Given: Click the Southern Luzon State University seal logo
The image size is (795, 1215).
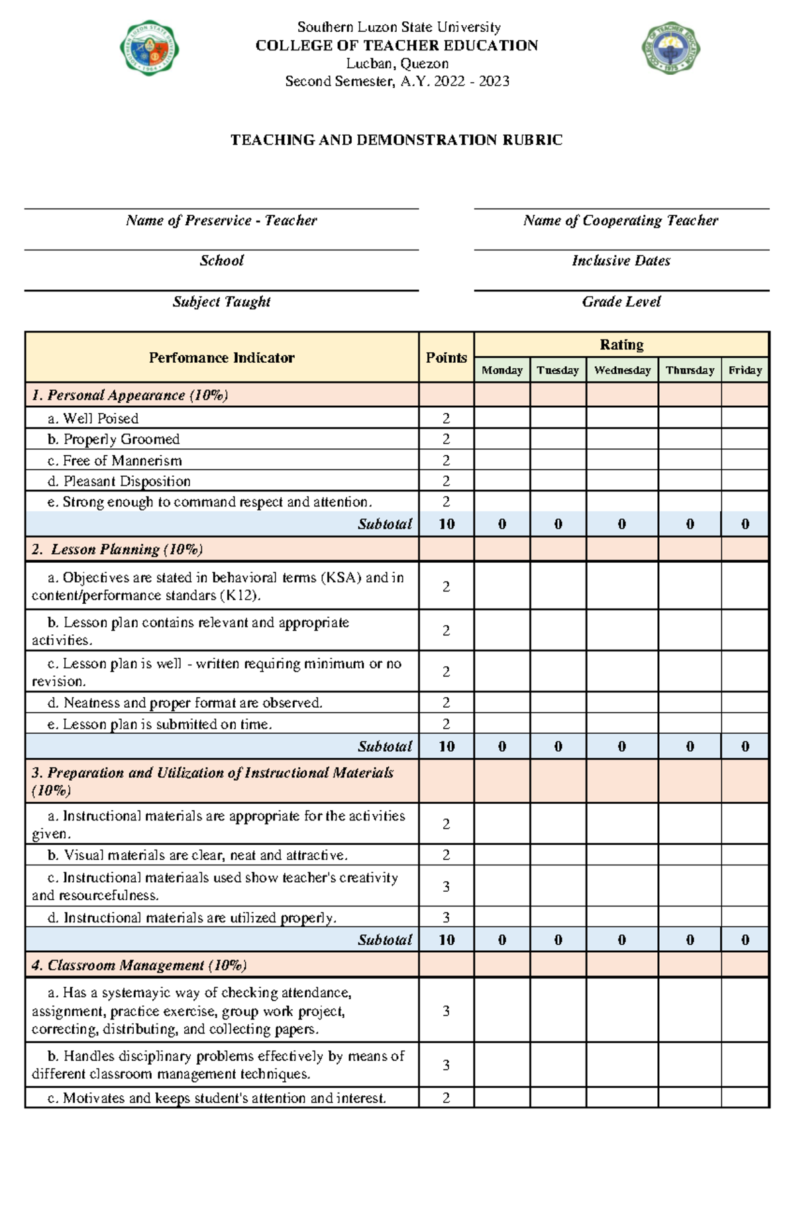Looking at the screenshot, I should [x=149, y=48].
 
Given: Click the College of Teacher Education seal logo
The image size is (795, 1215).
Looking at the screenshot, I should [x=670, y=48].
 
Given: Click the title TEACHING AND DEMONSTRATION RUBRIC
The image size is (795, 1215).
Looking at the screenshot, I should [x=396, y=140].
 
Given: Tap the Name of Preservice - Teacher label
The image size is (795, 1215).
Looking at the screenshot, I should [x=221, y=220].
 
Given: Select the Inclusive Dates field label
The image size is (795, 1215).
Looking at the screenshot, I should [x=621, y=261].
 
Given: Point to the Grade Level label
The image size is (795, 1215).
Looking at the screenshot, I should [x=621, y=302].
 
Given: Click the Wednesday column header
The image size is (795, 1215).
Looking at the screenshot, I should [x=622, y=370].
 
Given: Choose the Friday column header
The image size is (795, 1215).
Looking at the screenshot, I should [x=745, y=370].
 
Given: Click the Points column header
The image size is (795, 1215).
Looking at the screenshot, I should [x=446, y=358].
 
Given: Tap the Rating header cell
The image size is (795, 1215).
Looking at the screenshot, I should [x=621, y=344].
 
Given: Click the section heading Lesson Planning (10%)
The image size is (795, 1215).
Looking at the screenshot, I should [x=117, y=549].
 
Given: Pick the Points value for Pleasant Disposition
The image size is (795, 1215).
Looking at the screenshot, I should [x=446, y=481].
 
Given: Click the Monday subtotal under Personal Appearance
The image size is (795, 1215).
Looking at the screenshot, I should [x=502, y=524].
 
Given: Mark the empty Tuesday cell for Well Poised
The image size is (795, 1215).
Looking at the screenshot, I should [x=558, y=418].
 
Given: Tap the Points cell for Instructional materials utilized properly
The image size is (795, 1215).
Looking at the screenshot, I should [x=446, y=917].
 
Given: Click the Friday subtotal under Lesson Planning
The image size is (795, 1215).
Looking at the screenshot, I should [x=745, y=746].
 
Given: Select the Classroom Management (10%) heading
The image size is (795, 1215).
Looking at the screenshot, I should [x=139, y=965].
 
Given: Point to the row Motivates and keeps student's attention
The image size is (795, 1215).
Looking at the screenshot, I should [x=217, y=1098].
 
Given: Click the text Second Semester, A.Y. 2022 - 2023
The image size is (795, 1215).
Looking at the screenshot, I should [x=397, y=81].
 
